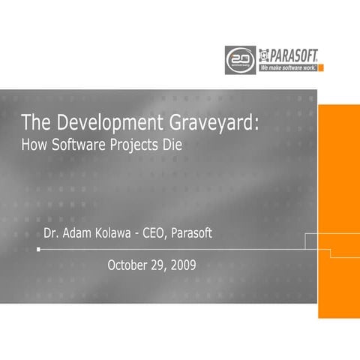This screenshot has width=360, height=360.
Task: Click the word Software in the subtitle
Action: click(79, 143)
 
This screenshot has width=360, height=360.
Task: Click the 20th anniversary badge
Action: click(239, 58)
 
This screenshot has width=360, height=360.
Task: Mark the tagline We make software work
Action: click(286, 67)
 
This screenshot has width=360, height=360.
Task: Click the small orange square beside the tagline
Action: click(321, 67)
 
